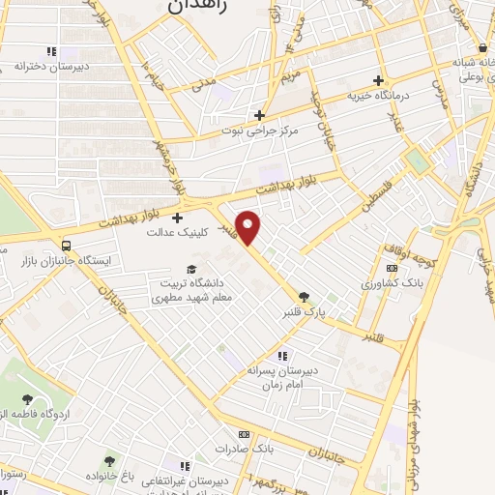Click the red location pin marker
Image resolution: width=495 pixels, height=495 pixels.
tap(248, 226)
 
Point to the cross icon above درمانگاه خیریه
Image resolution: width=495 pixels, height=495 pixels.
tap(378, 80)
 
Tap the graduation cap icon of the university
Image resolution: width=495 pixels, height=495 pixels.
tap(191, 269)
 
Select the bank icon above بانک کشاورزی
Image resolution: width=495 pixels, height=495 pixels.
tap(392, 269)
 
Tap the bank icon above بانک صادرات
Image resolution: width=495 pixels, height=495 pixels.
tap(244, 435)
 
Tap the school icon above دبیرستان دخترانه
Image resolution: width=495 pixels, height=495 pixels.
tap(50, 51)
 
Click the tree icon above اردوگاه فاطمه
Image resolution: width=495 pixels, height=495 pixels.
tap(29, 397)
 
